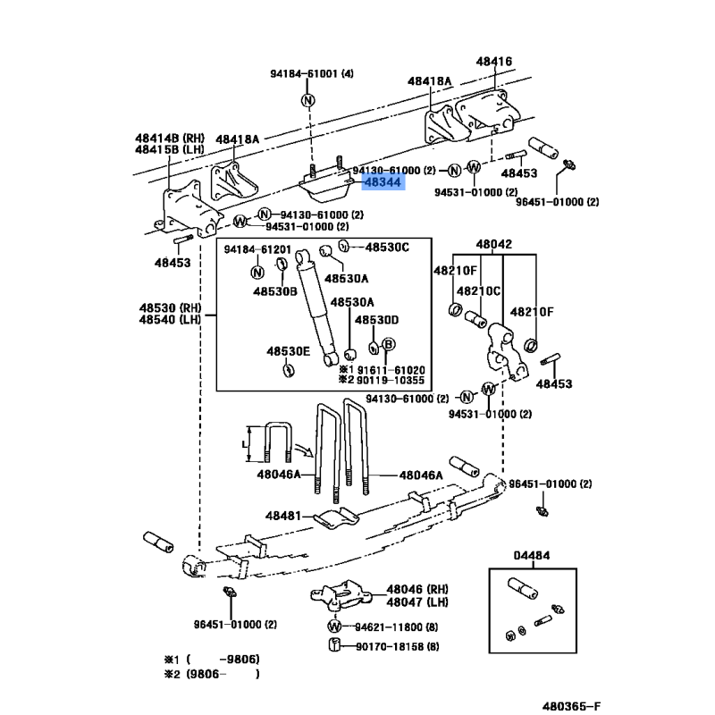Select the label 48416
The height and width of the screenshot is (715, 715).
(494, 62)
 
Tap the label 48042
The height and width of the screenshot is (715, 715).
(493, 244)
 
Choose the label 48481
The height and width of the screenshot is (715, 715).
(284, 516)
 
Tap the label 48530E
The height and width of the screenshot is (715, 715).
(288, 351)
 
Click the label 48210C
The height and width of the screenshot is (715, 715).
(479, 291)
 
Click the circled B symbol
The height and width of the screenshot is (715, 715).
(388, 345)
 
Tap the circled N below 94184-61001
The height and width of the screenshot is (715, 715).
(307, 99)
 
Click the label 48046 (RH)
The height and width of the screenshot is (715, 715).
(416, 590)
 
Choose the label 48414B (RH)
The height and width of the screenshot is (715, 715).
(170, 138)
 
